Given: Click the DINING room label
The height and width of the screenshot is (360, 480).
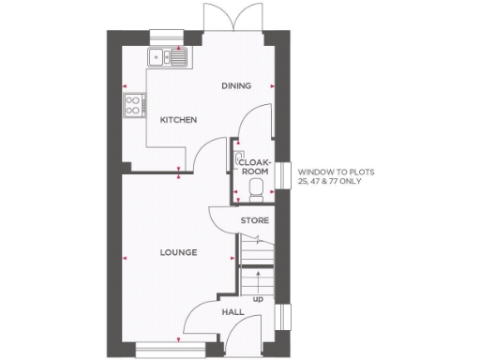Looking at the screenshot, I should [236, 86].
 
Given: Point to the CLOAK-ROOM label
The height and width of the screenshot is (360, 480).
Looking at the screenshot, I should [255, 166].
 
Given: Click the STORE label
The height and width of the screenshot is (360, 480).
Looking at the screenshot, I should [255, 220].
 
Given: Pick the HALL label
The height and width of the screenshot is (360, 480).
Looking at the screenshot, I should [232, 311].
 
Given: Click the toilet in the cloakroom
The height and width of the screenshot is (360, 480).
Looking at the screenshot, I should [256, 191].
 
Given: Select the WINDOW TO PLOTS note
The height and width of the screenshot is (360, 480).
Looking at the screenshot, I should [329, 176].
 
